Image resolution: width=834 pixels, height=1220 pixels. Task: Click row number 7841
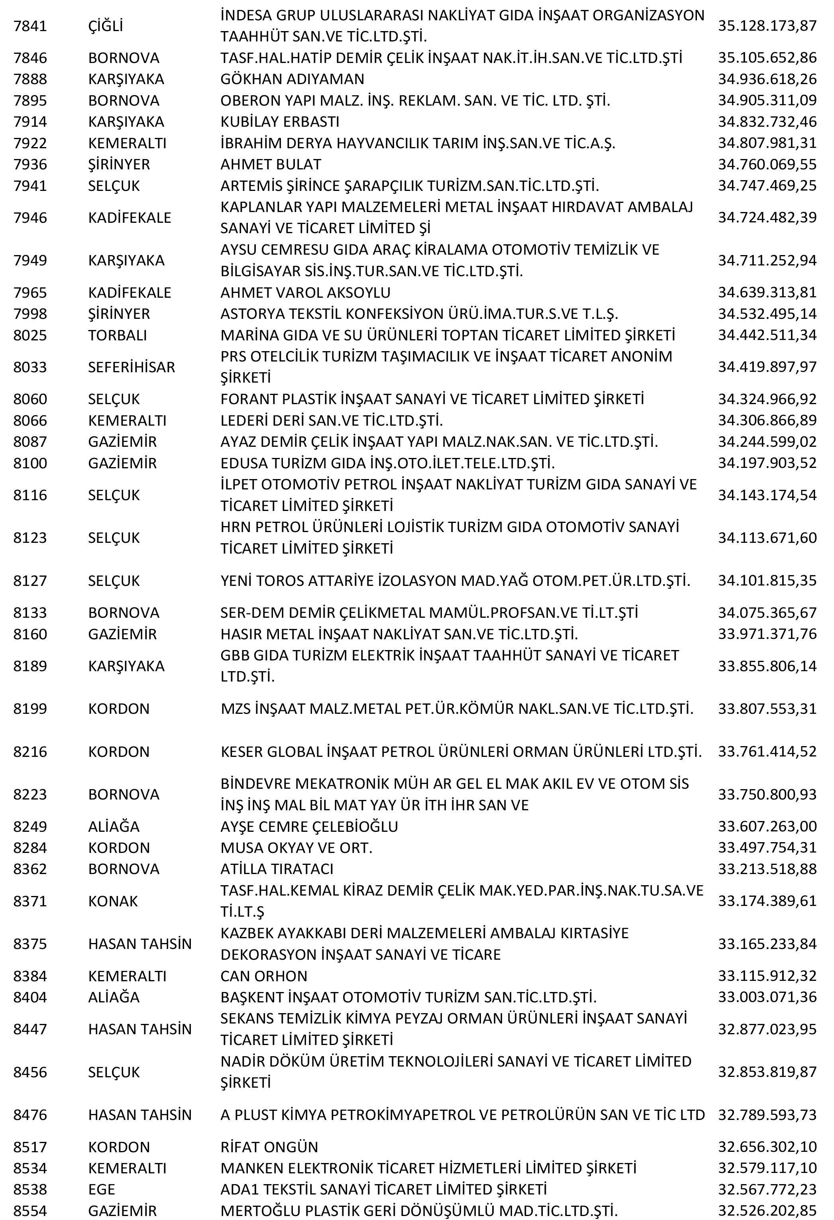(30, 26)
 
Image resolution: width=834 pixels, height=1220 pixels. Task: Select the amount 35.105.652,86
(767, 58)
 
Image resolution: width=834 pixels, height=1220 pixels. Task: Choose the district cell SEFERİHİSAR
(131, 367)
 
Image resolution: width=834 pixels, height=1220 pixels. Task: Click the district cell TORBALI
(118, 335)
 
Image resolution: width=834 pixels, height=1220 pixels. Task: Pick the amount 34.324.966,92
(767, 399)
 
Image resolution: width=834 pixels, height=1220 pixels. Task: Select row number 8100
(30, 463)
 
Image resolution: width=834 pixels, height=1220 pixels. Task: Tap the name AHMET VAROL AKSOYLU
(305, 293)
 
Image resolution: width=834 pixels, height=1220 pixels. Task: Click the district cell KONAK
(113, 901)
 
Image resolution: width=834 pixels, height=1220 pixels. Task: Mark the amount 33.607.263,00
(767, 826)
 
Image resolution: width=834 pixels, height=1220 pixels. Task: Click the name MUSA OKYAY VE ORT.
(296, 848)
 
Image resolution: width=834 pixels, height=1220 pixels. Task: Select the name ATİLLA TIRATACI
(277, 869)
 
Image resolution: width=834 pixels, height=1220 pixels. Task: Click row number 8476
(30, 1114)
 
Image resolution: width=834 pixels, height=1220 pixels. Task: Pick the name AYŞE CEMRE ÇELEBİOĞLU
(309, 826)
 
